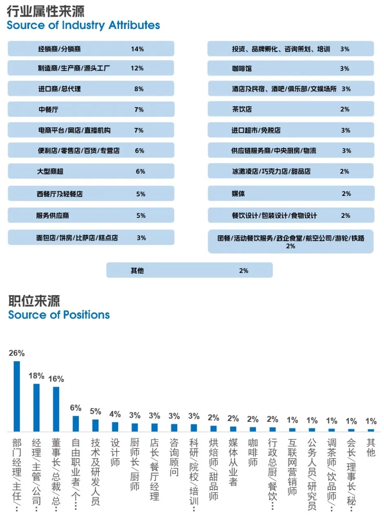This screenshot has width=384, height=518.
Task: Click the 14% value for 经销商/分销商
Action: point(137,49)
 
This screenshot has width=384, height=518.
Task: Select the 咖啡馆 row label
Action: point(242,68)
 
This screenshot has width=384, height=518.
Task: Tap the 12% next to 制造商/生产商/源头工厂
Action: point(137,68)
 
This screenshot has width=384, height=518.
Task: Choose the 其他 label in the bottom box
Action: point(137,270)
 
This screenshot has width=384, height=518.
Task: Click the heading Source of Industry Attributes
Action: point(83,25)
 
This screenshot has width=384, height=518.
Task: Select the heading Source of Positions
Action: point(59,315)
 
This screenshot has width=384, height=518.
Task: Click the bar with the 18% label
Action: point(36,407)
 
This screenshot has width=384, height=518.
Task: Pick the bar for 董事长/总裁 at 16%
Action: point(56,409)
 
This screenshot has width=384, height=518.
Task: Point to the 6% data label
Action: point(76,408)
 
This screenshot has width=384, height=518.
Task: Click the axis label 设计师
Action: point(115,452)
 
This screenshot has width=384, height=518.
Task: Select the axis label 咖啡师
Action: point(253,452)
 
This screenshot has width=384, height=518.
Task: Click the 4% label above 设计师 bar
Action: point(115,414)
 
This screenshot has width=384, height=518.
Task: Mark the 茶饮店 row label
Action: point(242,109)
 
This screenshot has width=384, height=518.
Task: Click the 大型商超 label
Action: point(51,171)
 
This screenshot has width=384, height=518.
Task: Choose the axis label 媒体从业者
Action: point(233,462)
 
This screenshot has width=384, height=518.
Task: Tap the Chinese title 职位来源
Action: point(34,301)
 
